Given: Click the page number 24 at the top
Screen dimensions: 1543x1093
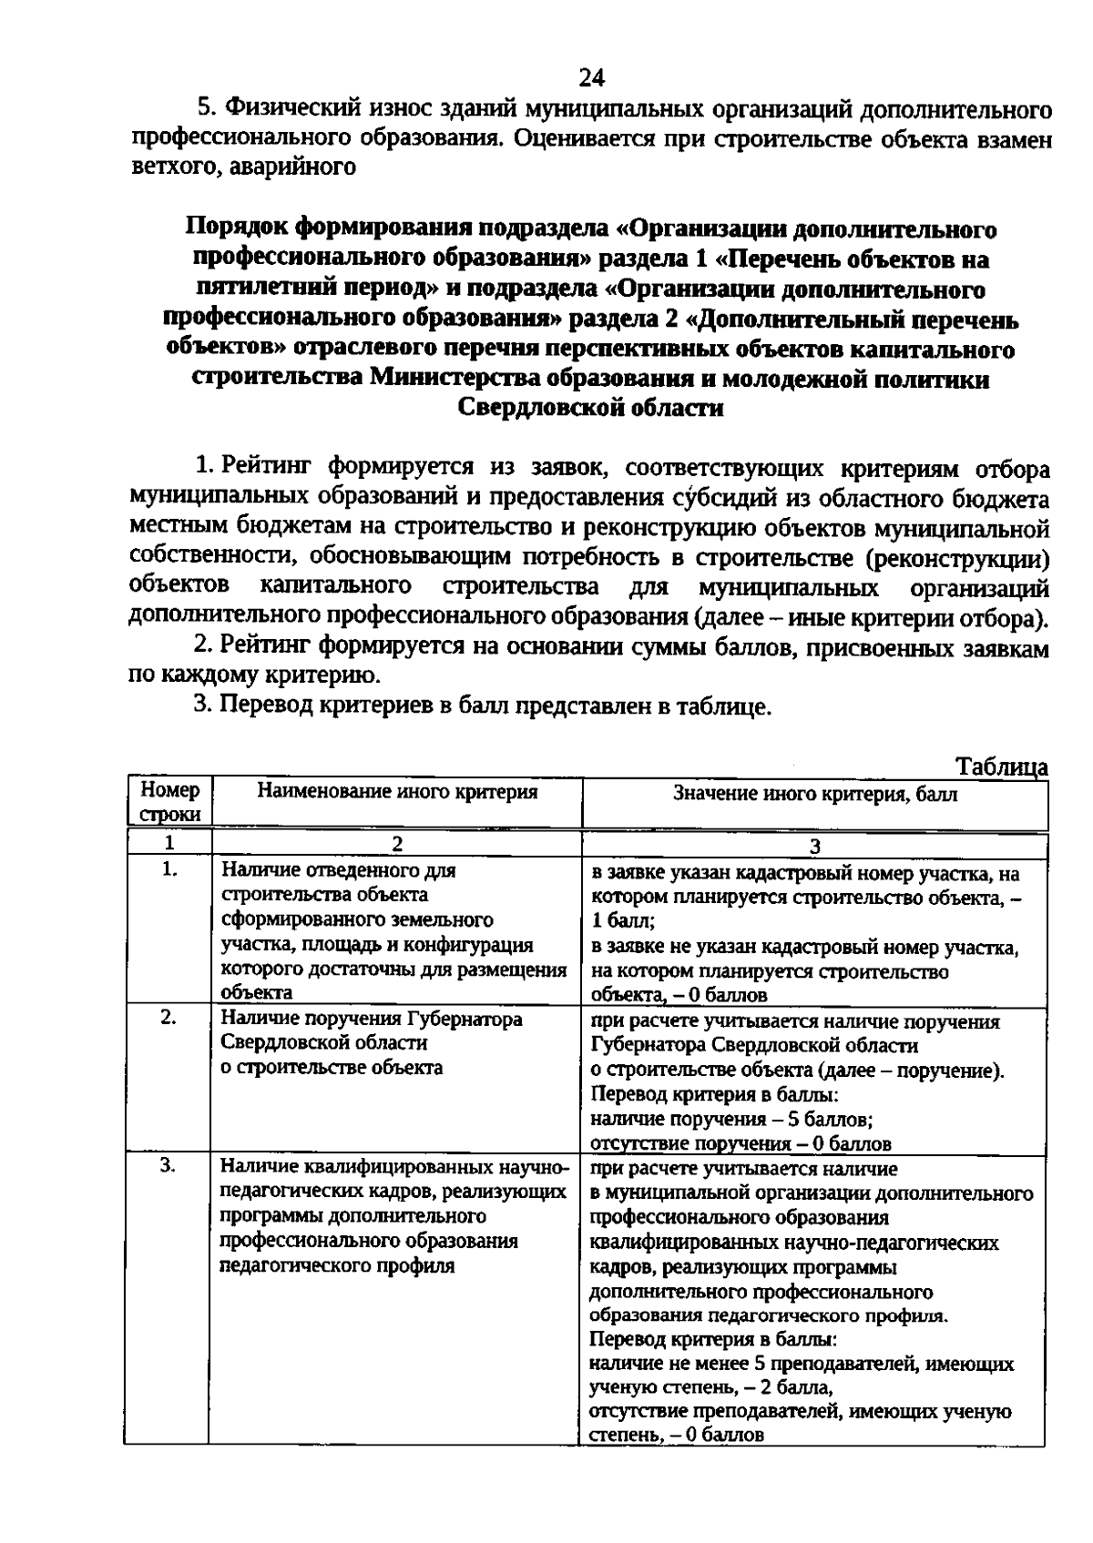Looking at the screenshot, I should click(x=591, y=76).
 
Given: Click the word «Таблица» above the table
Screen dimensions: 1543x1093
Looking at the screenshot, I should click(x=1002, y=767).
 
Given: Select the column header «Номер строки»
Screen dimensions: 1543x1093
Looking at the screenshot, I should click(x=169, y=802).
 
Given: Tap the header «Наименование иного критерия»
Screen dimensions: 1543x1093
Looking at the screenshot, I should click(x=397, y=792).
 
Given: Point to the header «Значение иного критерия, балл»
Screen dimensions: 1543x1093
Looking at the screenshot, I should click(x=815, y=794).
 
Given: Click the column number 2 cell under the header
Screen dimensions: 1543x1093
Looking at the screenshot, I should click(x=397, y=844).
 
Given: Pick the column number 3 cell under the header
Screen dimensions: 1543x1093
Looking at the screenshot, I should click(x=815, y=846).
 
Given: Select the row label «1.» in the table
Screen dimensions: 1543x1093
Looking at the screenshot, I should click(x=169, y=869).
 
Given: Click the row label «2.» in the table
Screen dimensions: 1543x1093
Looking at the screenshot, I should click(x=169, y=1018).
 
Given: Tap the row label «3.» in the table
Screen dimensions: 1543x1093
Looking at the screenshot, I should click(x=169, y=1166).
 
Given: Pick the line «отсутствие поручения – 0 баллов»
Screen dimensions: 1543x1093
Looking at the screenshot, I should click(x=740, y=1143).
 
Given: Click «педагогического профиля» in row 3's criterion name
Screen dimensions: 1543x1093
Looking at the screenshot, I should click(x=337, y=1265).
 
